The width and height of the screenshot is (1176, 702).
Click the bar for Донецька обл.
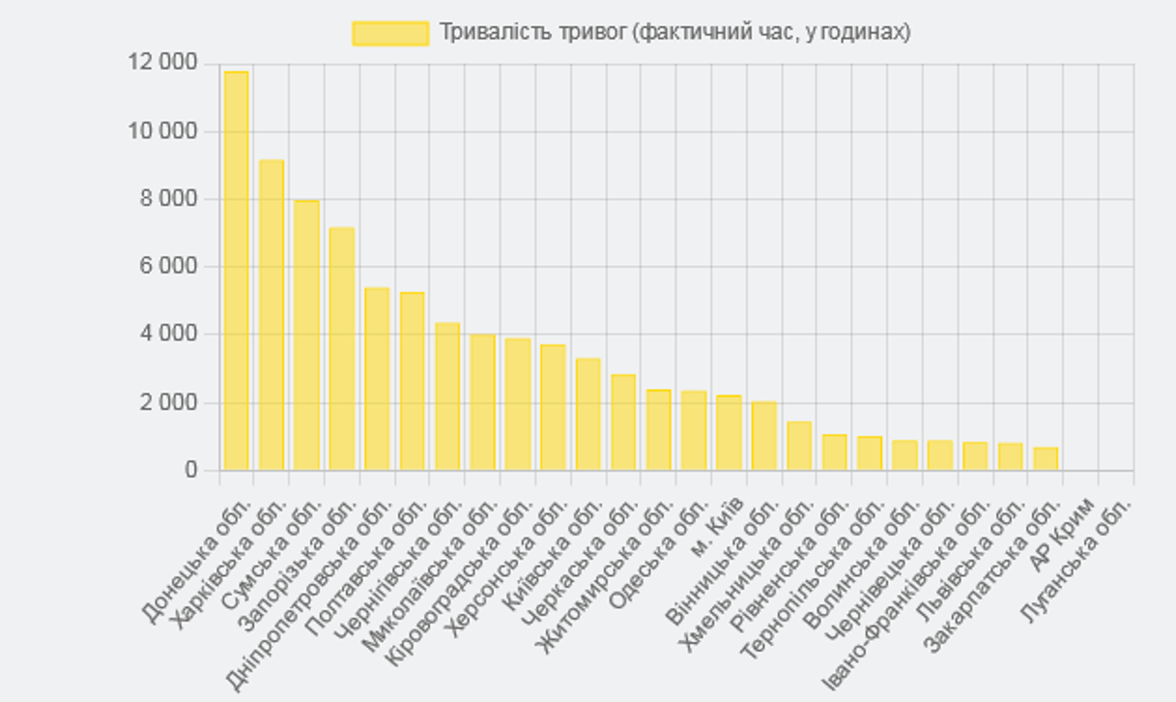click(x=236, y=271)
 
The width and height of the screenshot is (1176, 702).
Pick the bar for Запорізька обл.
click(x=341, y=349)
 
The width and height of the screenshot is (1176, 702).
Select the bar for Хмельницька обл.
click(x=799, y=446)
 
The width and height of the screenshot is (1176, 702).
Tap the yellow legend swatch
click(x=389, y=33)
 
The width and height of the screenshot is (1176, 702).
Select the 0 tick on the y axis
click(x=190, y=470)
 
